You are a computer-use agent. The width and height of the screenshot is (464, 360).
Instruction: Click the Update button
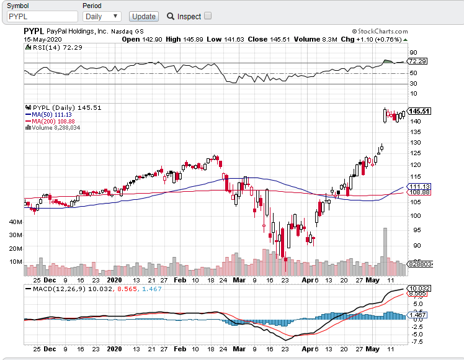pyautogui.click(x=144, y=16)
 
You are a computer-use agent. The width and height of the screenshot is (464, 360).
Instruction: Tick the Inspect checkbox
pyautogui.click(x=208, y=16)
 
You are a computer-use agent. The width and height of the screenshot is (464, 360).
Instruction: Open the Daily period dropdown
pyautogui.click(x=102, y=16)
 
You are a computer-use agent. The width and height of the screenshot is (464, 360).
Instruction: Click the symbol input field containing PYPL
pyautogui.click(x=40, y=16)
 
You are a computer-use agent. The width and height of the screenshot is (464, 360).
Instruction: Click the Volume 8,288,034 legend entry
pyautogui.click(x=56, y=128)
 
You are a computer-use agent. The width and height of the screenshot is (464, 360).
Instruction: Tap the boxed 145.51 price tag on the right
pyautogui.click(x=419, y=111)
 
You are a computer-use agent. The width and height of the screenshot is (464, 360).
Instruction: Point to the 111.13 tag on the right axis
pyautogui.click(x=419, y=186)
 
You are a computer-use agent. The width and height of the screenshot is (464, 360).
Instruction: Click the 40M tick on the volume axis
pyautogui.click(x=16, y=221)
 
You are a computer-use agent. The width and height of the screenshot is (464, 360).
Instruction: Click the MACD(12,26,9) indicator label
pyautogui.click(x=60, y=289)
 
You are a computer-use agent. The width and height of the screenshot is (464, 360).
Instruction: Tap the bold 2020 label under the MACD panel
pyautogui.click(x=114, y=349)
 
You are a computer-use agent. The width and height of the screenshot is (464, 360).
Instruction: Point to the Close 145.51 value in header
pyautogui.click(x=269, y=39)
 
